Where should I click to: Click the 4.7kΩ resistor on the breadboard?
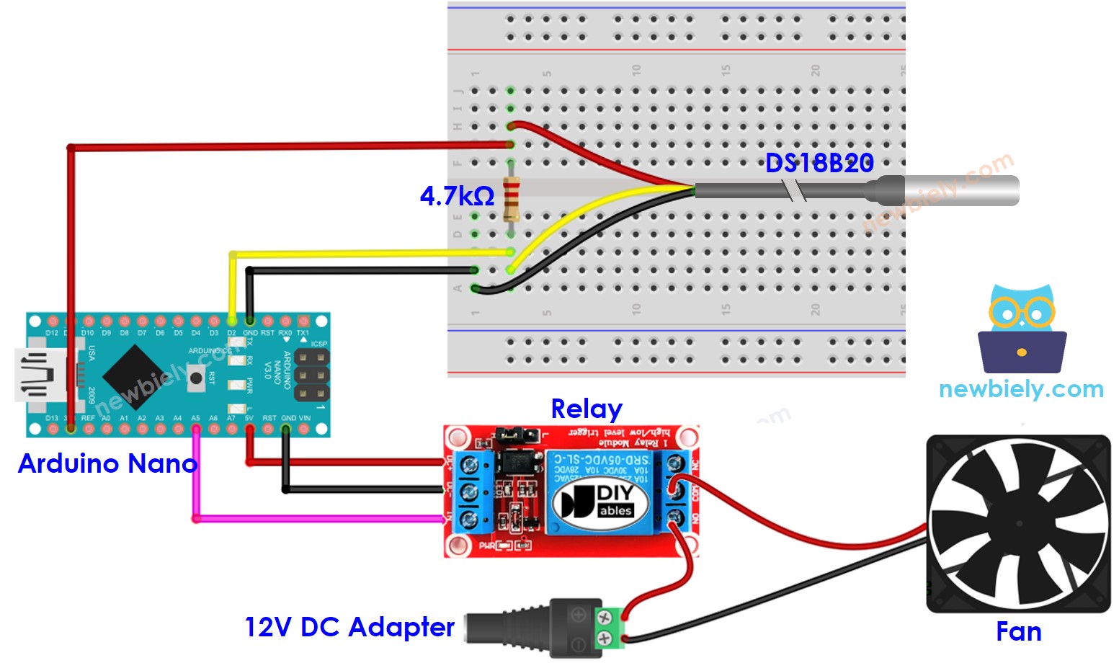(511, 198)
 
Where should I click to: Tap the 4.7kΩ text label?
(457, 196)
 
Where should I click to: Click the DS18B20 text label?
(819, 164)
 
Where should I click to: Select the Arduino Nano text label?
(107, 463)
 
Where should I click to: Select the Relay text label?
(586, 409)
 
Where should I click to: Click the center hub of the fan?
(1018, 524)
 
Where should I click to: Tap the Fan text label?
(1018, 632)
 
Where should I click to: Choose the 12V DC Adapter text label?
(349, 627)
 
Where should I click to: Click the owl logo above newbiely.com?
(1022, 328)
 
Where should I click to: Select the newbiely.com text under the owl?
(1021, 389)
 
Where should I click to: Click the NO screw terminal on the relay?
(675, 517)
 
